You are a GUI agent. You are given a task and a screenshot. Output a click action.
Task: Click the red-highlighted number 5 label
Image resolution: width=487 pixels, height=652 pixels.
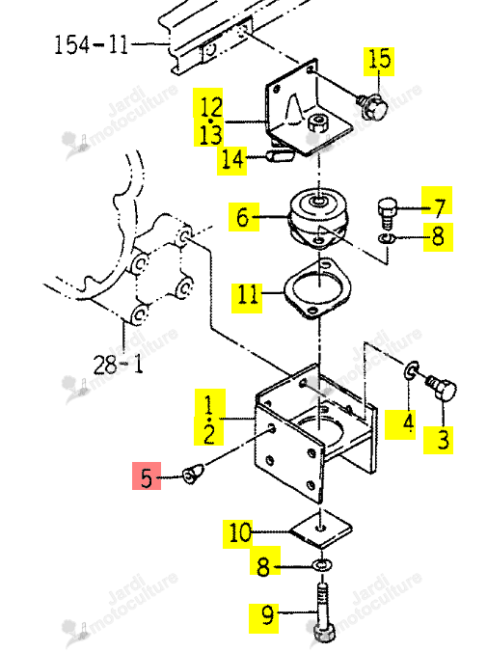click(147, 476)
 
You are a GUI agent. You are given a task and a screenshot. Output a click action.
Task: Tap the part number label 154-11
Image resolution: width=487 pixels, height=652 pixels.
click(91, 44)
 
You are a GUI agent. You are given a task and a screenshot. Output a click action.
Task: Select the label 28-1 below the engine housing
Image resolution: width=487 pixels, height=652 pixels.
click(118, 365)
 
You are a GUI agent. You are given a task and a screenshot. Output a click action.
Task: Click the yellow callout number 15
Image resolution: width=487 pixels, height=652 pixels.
click(379, 62)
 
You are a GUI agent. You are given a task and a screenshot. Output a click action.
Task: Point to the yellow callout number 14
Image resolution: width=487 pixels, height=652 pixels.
click(232, 160)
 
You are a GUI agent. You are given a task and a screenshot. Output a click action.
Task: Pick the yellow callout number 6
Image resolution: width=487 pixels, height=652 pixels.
click(244, 217)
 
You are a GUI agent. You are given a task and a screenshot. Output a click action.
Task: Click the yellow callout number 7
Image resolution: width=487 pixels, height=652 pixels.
click(438, 201)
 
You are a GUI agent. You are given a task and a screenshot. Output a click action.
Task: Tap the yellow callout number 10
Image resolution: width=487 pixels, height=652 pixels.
click(238, 534)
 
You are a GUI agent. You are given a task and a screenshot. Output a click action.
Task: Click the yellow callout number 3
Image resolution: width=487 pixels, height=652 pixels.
click(439, 440)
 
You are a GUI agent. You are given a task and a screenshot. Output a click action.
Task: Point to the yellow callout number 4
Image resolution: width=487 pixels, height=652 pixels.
click(400, 424)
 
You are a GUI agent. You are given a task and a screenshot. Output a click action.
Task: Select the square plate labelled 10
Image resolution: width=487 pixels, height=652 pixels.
click(320, 530)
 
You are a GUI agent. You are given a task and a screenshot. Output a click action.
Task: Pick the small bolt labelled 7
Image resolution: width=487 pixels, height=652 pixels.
click(387, 212)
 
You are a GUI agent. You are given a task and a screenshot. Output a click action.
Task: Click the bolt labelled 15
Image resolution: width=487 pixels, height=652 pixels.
click(371, 106)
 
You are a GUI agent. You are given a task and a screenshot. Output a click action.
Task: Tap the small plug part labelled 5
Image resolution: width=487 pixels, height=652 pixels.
click(193, 474)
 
